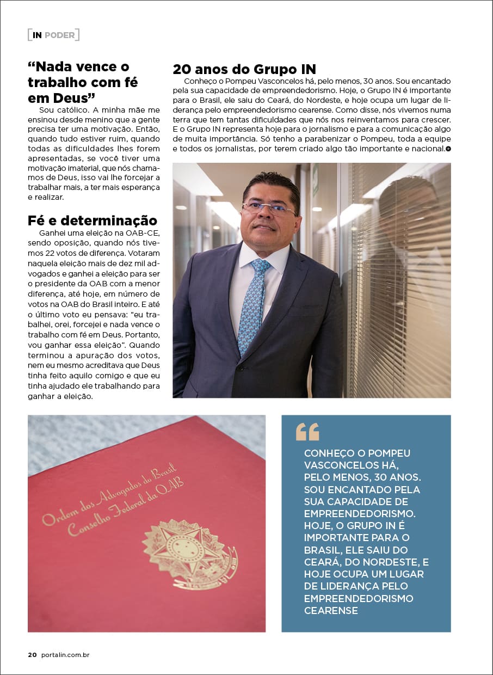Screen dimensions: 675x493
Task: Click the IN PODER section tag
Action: (x=53, y=35)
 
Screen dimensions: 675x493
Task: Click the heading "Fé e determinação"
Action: (x=92, y=220)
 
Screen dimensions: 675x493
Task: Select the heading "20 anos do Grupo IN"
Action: (x=244, y=70)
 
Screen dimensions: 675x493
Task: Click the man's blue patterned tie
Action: (x=254, y=305)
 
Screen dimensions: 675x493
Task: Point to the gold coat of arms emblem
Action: (x=190, y=553)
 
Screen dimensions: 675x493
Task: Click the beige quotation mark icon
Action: (x=307, y=432)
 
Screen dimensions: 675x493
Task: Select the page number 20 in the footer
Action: (x=32, y=655)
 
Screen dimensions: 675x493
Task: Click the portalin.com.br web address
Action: (x=65, y=655)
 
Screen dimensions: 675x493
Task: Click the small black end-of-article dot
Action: (x=448, y=149)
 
